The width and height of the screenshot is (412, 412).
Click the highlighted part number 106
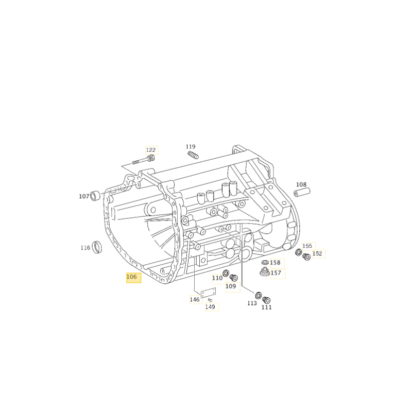[x=132, y=277]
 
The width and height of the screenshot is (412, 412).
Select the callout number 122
[x=151, y=150]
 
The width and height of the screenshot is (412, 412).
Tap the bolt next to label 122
[x=144, y=160]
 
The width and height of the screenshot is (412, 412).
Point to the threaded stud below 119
[x=193, y=155]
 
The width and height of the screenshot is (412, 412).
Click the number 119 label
[x=191, y=147]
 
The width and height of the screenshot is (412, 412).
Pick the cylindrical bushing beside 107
[x=95, y=196]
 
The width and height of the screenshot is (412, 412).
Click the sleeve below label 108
[x=302, y=192]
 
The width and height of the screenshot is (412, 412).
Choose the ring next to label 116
[x=97, y=247]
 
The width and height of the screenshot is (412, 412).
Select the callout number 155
[x=307, y=246]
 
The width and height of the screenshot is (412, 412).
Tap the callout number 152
[x=317, y=253]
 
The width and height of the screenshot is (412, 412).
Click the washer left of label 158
[x=265, y=262]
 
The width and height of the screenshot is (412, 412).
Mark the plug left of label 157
[x=265, y=272]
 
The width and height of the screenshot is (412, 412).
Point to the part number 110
[x=217, y=278]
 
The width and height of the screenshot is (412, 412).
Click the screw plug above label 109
[x=234, y=278]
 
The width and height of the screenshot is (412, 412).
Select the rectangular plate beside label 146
[x=209, y=293]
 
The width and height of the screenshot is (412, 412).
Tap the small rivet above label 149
[x=210, y=300]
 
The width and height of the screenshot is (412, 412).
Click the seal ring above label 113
[x=259, y=295]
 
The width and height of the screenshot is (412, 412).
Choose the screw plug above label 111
[x=266, y=300]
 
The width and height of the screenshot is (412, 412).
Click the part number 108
[x=301, y=184]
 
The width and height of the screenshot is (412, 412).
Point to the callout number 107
[x=84, y=196]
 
